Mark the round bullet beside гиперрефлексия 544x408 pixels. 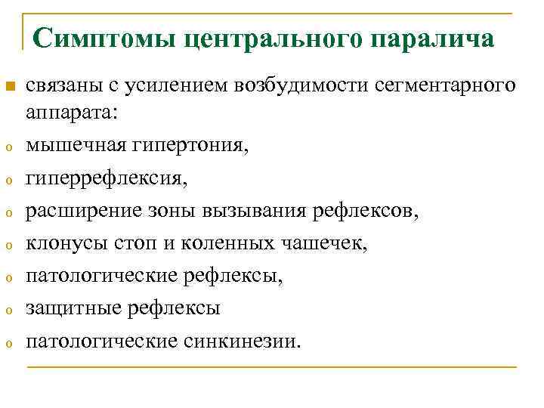(x=9, y=181)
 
